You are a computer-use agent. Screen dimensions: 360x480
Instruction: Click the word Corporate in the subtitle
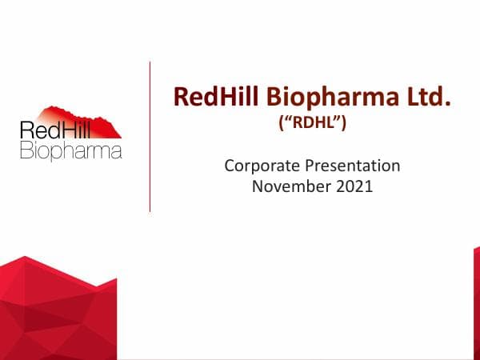coord(260,166)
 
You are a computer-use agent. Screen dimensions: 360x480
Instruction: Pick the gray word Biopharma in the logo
coord(70,150)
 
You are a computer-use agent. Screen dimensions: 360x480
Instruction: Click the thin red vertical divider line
coord(150,136)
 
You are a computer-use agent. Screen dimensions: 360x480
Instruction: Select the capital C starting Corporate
coord(230,166)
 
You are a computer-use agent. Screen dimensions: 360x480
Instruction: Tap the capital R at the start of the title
coord(182,98)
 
